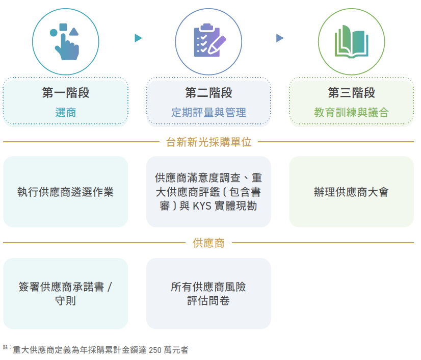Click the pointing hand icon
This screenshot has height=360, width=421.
click(66, 42)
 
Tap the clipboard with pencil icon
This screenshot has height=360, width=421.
click(209, 40)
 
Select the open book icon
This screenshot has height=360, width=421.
click(352, 42)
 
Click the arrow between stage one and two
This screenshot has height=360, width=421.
click(138, 38)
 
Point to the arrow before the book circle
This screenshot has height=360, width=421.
click(280, 38)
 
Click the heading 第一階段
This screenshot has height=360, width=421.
click(66, 93)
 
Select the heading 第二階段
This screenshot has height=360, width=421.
click(208, 93)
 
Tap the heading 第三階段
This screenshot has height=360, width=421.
click(352, 93)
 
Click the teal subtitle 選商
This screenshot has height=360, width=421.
click(66, 112)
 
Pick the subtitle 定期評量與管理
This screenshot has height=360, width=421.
click(208, 112)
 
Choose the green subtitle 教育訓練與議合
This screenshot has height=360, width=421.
click(352, 112)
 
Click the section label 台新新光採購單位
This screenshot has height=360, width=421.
click(208, 142)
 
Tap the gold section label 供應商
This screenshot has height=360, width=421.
click(208, 243)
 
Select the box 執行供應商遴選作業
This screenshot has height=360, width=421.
click(66, 192)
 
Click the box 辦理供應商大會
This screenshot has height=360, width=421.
click(352, 192)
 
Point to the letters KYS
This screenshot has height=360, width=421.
click(202, 206)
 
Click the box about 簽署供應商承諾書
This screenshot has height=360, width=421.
click(66, 294)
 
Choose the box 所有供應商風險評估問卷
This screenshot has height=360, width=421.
click(208, 294)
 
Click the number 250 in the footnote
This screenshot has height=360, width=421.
click(155, 350)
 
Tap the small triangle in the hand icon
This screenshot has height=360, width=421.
click(74, 32)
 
